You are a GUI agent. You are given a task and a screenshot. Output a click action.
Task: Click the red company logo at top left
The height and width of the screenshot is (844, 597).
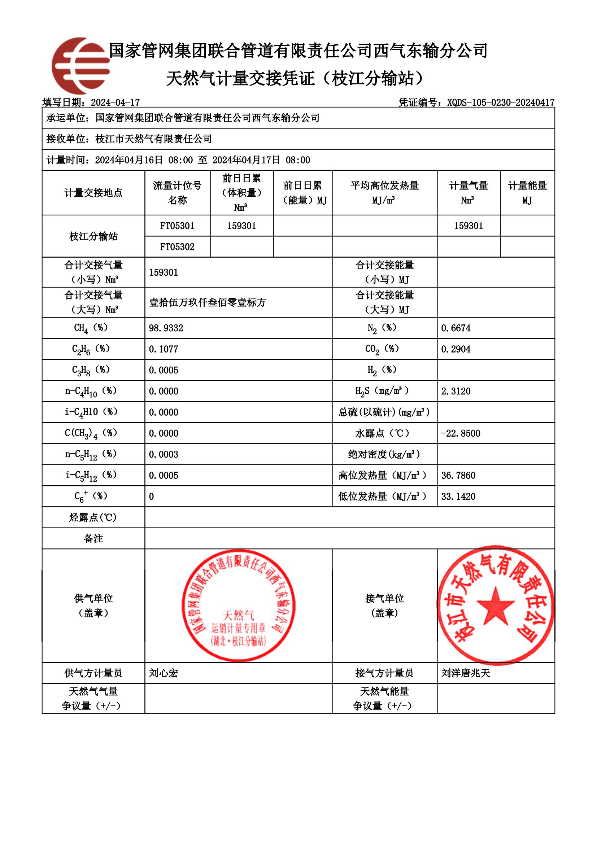[x=80, y=65]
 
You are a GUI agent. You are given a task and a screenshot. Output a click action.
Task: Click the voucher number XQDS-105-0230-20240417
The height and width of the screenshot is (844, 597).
[x=500, y=102]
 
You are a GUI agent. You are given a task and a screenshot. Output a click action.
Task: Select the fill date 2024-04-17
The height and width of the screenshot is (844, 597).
[x=115, y=102]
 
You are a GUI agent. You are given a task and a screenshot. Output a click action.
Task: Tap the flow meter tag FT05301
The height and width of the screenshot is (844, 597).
[x=177, y=226]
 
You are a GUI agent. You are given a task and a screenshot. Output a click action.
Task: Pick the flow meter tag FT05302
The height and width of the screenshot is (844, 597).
[x=177, y=247]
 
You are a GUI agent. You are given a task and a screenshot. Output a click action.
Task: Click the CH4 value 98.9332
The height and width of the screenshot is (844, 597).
[x=166, y=328]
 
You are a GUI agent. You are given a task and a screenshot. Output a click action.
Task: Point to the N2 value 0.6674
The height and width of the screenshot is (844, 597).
[x=456, y=328]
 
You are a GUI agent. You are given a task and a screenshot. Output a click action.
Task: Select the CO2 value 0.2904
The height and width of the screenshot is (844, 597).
[x=456, y=349]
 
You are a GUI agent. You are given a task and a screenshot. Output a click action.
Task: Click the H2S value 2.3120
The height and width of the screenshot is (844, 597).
[x=456, y=391]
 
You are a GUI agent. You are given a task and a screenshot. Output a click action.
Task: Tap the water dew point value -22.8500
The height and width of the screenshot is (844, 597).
[x=460, y=433]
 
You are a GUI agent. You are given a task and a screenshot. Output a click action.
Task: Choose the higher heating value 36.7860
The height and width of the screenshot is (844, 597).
[x=458, y=475]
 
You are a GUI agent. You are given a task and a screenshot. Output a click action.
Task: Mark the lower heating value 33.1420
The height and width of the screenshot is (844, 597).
[x=458, y=496]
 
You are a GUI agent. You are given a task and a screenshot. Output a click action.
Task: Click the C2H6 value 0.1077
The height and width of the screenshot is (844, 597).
[x=163, y=349]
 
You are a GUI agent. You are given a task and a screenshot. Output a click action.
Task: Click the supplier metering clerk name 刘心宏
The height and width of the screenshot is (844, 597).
[x=163, y=673]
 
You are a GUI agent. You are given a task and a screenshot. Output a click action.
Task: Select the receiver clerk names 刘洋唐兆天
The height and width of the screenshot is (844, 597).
[x=465, y=673]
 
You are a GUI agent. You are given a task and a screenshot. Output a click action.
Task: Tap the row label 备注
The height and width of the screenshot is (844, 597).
[x=93, y=538]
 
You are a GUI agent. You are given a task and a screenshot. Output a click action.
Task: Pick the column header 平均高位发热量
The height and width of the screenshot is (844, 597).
[x=384, y=185]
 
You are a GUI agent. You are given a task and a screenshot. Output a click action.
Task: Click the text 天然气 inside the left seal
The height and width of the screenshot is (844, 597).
[x=238, y=615]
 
